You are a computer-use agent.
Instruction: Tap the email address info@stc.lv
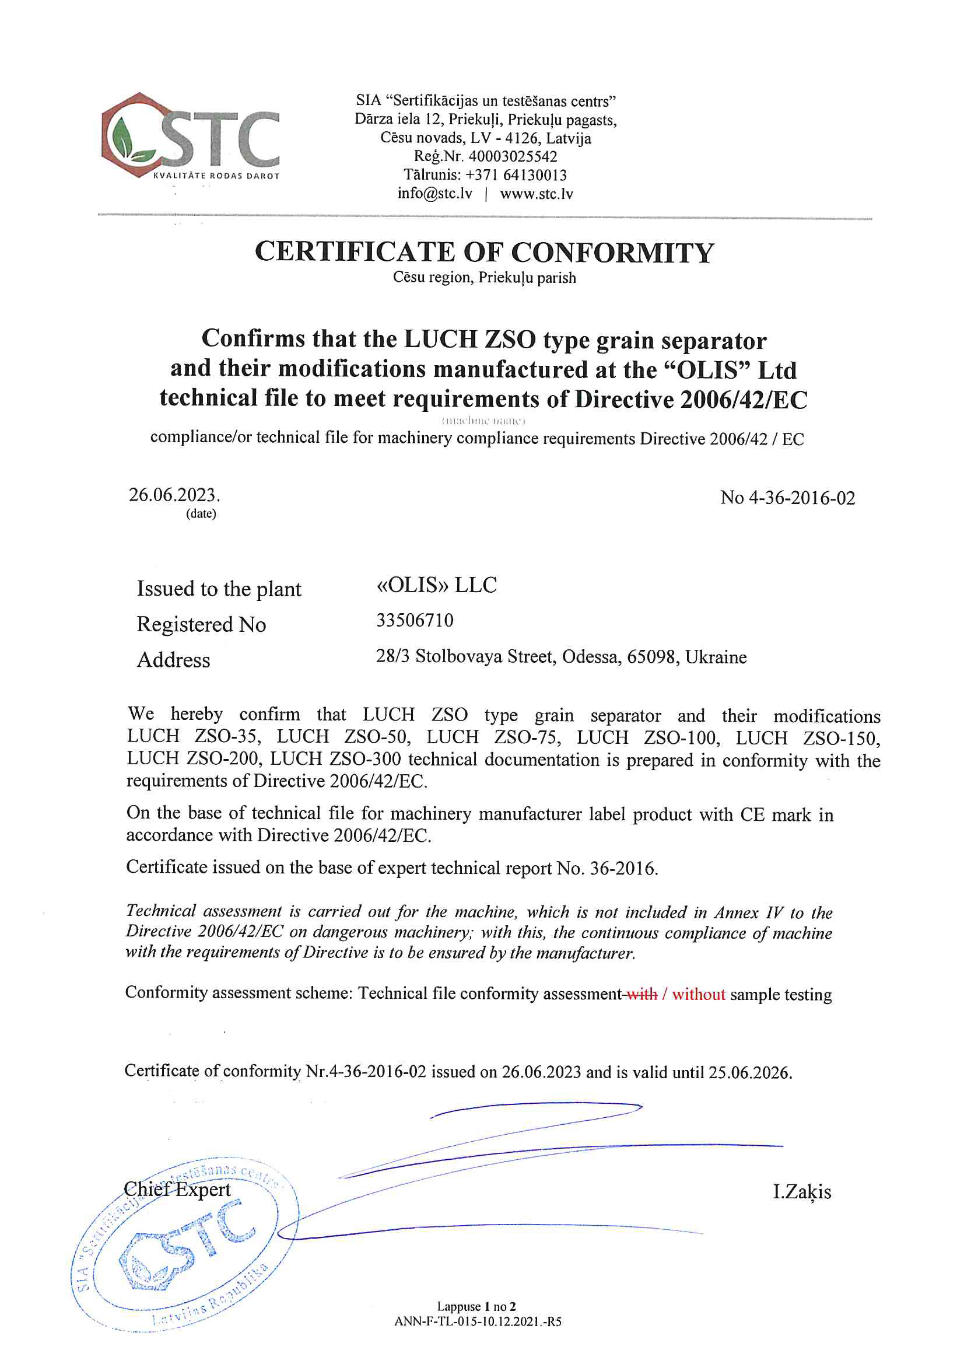[x=435, y=194]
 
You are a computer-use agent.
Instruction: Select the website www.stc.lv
[x=537, y=194]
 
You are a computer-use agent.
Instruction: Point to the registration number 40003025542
[x=513, y=157]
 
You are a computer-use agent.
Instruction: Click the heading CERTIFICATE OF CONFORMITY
[x=484, y=253]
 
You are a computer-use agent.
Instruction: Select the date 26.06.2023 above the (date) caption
[x=173, y=495]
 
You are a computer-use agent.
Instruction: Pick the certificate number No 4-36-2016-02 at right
[x=788, y=498]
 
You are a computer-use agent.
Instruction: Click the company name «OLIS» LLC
[x=437, y=585]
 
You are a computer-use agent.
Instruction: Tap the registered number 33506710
[x=415, y=621]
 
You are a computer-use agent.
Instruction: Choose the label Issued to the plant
[x=219, y=589]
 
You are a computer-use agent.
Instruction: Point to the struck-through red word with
[x=642, y=995]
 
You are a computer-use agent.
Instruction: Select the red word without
[x=699, y=995]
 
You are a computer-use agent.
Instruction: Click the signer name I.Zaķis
[x=802, y=1192]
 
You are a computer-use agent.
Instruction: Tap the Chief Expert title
[x=177, y=1190]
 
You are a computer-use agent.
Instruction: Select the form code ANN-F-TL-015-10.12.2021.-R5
[x=478, y=1322]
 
